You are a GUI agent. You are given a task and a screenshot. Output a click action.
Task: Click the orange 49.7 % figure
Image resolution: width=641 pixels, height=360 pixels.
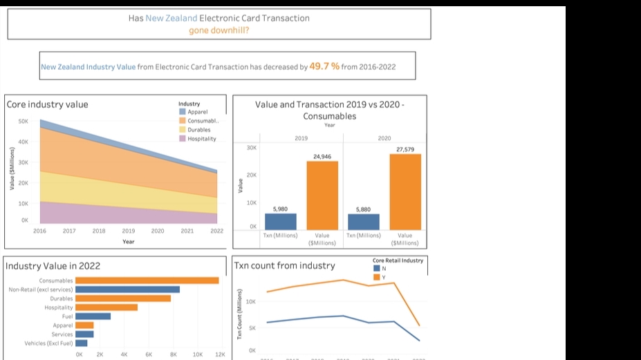point(324,66)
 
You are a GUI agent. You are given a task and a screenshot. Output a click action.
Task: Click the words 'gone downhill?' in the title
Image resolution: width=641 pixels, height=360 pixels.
point(219,30)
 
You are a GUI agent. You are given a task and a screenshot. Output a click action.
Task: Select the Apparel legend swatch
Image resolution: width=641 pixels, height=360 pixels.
point(183,111)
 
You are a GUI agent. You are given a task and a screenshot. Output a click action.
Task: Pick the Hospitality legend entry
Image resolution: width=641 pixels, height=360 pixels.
point(201,138)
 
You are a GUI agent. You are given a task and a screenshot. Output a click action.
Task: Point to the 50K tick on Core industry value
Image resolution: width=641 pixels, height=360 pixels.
point(23,121)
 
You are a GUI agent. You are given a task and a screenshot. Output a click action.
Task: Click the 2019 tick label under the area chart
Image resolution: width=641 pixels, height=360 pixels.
point(129,231)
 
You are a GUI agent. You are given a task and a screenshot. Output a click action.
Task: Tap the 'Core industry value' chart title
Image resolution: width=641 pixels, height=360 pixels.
point(48,104)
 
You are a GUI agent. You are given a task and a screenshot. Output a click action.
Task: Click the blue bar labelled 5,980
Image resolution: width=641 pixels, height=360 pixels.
point(281,221)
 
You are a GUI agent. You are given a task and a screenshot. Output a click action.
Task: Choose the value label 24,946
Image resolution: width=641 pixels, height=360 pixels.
point(322,157)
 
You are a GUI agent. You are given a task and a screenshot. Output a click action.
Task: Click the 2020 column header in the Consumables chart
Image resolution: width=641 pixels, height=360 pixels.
point(384,138)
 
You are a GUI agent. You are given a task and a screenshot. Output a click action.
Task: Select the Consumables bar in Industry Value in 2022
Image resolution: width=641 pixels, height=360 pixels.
point(147,281)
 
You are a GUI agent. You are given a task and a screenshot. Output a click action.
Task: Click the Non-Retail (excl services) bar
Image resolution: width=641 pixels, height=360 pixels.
point(127,290)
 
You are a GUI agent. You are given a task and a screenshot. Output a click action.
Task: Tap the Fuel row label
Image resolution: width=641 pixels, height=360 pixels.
point(67,316)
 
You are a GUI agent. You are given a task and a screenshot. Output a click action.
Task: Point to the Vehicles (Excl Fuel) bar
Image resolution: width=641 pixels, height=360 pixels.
point(82,343)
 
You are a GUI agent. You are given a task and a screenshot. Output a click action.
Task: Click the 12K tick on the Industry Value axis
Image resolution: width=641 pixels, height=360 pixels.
point(220,354)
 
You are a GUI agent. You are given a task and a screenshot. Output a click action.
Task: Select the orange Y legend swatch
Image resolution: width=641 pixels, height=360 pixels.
point(376,277)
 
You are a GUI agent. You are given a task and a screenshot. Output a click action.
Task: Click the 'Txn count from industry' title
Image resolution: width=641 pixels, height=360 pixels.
point(284,265)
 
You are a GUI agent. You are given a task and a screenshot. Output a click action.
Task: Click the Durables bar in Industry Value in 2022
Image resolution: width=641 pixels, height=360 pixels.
point(123,299)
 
